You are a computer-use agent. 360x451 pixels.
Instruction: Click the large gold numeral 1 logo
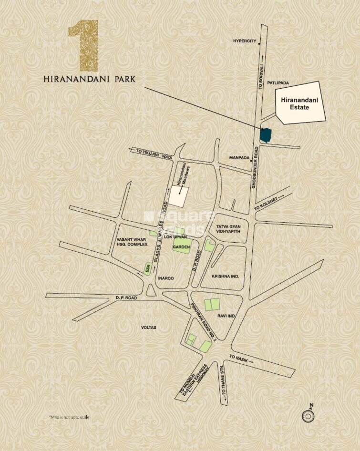tap(84, 45)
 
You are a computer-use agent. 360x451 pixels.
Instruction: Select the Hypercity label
tap(244, 41)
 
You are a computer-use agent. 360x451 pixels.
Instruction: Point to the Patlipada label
tap(278, 83)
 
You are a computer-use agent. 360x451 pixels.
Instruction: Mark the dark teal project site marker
tap(266, 135)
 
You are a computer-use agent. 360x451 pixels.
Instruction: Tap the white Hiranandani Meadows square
tap(179, 196)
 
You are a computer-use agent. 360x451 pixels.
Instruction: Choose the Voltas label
tap(149, 328)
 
